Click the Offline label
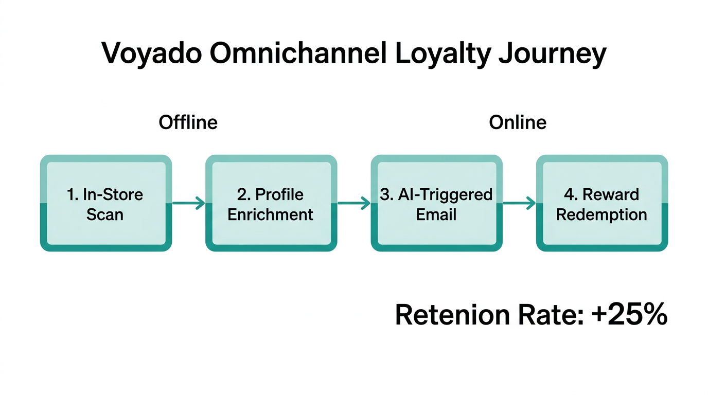pyautogui.click(x=188, y=122)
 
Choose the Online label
pyautogui.click(x=518, y=122)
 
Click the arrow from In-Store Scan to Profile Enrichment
pyautogui.click(x=188, y=204)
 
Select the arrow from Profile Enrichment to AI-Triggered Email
pyautogui.click(x=354, y=204)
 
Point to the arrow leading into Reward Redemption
pyautogui.click(x=519, y=204)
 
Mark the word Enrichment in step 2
pyautogui.click(x=271, y=214)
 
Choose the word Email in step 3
pyautogui.click(x=436, y=214)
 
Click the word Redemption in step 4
pyautogui.click(x=601, y=214)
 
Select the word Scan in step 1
pyautogui.click(x=105, y=214)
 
